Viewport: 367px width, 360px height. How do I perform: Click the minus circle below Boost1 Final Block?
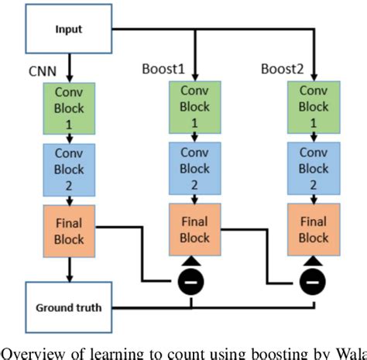pos(194,280)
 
